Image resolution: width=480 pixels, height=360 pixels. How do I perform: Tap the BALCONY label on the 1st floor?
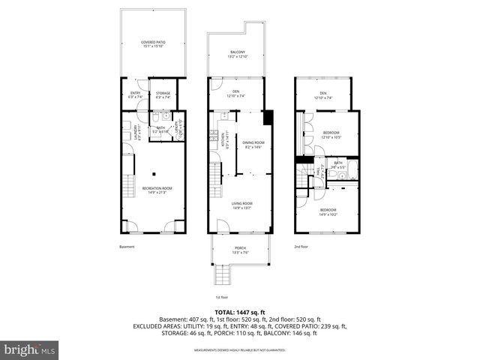click(237, 54)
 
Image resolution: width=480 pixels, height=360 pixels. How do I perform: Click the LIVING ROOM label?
click(241, 205)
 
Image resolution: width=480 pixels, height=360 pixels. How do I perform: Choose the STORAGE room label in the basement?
click(163, 94)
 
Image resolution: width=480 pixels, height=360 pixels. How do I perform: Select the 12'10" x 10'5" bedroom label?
click(331, 135)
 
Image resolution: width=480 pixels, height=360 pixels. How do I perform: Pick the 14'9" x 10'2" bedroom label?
click(328, 211)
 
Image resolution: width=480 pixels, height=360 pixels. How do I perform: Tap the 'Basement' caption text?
click(127, 246)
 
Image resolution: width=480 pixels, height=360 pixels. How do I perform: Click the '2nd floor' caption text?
click(301, 246)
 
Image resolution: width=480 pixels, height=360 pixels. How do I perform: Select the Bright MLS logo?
click(31, 349)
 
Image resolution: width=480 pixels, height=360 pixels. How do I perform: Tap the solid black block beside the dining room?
click(268, 118)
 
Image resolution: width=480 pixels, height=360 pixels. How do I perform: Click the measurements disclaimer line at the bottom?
click(240, 349)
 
